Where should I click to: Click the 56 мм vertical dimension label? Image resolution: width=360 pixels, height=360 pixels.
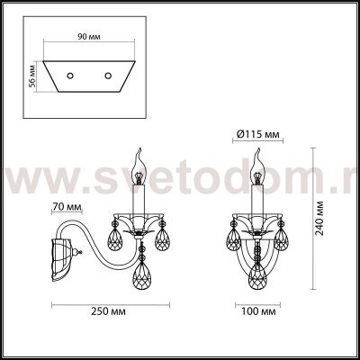click(x=32, y=75)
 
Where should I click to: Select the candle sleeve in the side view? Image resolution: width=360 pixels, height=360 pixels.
click(x=141, y=198)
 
